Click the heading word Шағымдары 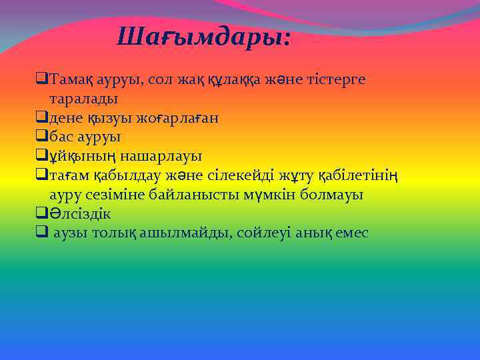pyautogui.click(x=203, y=37)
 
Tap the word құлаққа pyautogui.click(x=222, y=79)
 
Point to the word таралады pyautogui.click(x=83, y=99)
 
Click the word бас pyautogui.click(x=61, y=137)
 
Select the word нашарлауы pyautogui.click(x=161, y=157)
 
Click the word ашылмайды pyautogui.click(x=183, y=234)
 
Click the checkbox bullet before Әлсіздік pyautogui.click(x=41, y=215)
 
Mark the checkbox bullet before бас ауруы pyautogui.click(x=41, y=137)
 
